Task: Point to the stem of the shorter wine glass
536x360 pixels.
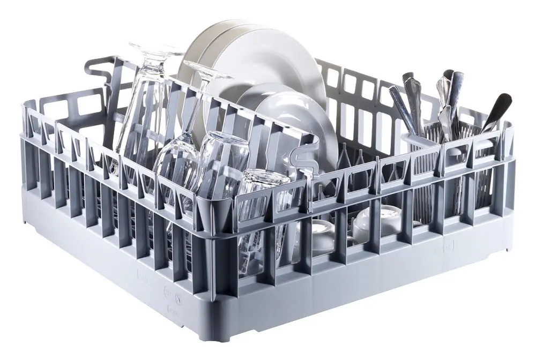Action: tap(189, 118)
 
